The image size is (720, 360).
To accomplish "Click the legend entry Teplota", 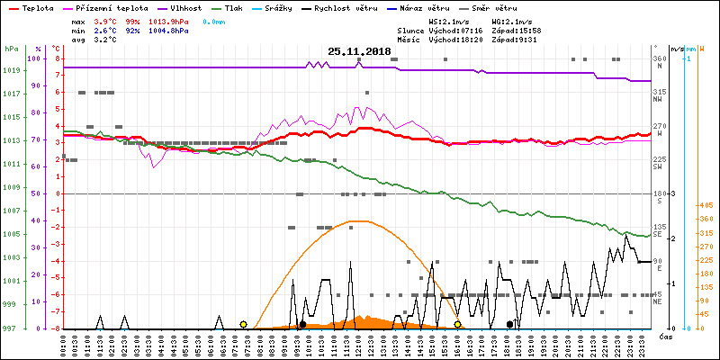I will click(37, 7).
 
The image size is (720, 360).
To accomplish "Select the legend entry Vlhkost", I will click(183, 7).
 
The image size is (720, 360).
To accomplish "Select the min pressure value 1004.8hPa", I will click(168, 31).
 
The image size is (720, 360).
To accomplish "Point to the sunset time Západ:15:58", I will click(523, 31).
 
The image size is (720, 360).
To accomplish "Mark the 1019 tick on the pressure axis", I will click(11, 71).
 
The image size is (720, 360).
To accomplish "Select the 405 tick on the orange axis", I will click(706, 206).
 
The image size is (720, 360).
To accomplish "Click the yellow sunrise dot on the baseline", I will click(244, 324).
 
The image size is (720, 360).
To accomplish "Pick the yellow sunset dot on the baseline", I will click(458, 324).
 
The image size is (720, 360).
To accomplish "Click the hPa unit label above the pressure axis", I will click(11, 49).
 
